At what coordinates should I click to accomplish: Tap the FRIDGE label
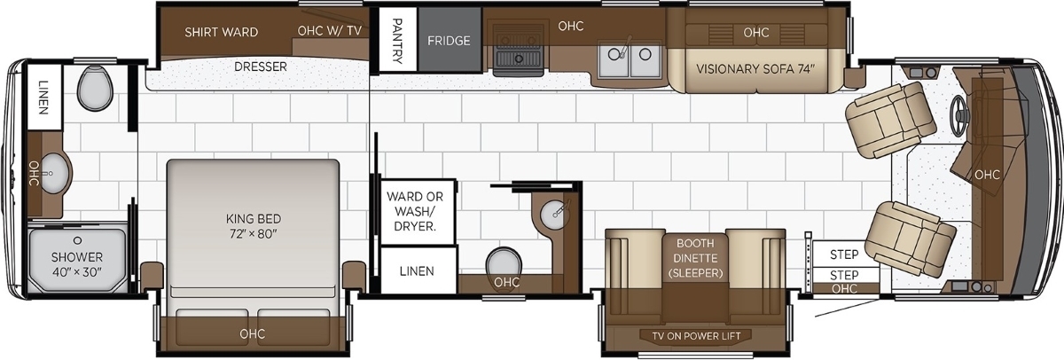(x=449, y=41)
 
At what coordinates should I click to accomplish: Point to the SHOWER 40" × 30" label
(x=77, y=264)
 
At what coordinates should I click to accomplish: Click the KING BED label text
(x=254, y=219)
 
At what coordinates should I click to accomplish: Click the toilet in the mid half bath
(x=503, y=263)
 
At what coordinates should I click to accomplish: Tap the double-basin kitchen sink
(x=629, y=59)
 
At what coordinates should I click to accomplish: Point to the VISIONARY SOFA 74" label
(x=755, y=69)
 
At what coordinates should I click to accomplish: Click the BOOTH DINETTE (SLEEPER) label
(x=695, y=258)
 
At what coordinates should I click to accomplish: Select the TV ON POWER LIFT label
(x=696, y=336)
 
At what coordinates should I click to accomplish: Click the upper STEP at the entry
(x=844, y=254)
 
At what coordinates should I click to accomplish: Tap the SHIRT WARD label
(x=222, y=32)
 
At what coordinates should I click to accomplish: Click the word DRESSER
(x=261, y=67)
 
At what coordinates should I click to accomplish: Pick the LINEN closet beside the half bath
(x=418, y=270)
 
